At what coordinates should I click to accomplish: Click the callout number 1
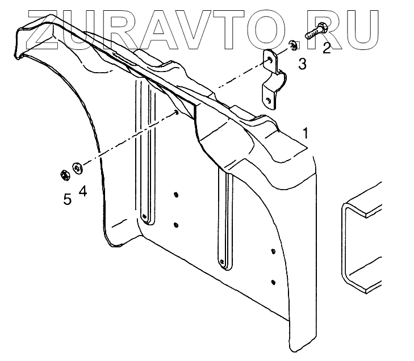tap(306, 134)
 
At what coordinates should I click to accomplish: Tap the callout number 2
tap(326, 48)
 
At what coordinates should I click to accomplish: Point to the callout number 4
tap(83, 191)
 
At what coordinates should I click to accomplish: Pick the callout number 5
tap(67, 199)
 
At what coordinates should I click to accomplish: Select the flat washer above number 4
tap(78, 166)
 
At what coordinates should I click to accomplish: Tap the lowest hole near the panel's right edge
tap(274, 282)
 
